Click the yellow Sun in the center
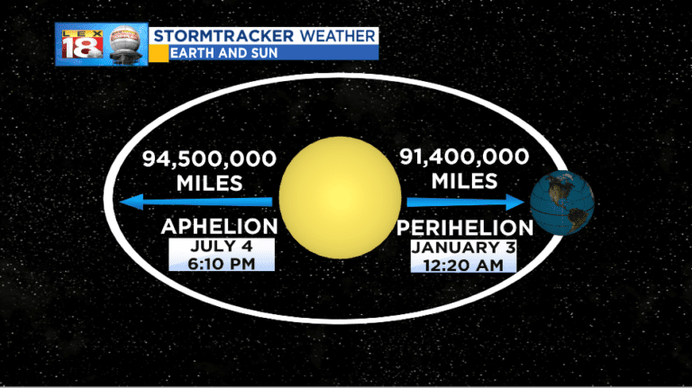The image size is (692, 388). pyautogui.click(x=340, y=197)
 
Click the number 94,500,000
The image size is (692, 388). pyautogui.click(x=209, y=159)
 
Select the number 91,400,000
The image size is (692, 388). pyautogui.click(x=464, y=157)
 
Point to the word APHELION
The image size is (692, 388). pyautogui.click(x=219, y=225)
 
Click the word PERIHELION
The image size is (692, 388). pyautogui.click(x=464, y=227)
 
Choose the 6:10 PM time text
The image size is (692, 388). pyautogui.click(x=221, y=263)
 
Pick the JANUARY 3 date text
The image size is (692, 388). pyautogui.click(x=464, y=247)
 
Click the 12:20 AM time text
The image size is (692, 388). pyautogui.click(x=464, y=264)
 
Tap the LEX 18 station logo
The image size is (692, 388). pyautogui.click(x=81, y=45)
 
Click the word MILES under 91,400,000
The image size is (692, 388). pyautogui.click(x=464, y=181)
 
